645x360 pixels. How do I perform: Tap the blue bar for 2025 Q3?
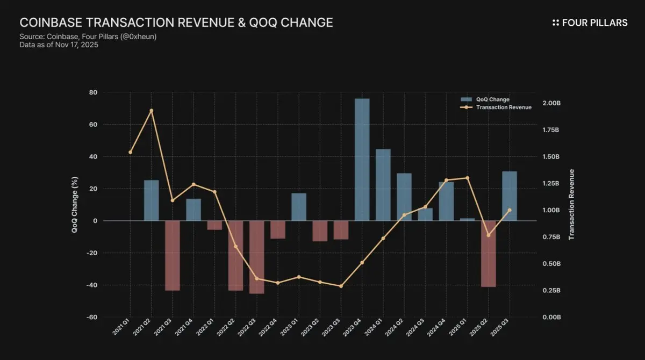[510, 196]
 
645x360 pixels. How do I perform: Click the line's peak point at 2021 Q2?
[151, 111]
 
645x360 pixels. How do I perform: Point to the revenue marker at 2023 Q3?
[341, 286]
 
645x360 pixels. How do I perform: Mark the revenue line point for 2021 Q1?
[130, 152]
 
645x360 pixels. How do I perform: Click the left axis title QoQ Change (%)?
[75, 205]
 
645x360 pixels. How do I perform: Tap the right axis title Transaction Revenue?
[572, 205]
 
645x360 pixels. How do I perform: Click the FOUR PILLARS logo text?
[594, 23]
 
